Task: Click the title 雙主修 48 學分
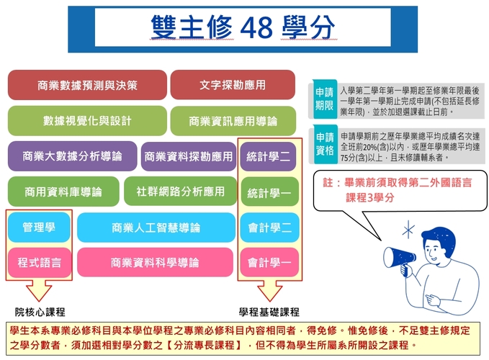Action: (x=243, y=28)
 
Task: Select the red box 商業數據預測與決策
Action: (x=87, y=85)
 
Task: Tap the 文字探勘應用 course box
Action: (x=233, y=85)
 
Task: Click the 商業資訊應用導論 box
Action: (x=233, y=121)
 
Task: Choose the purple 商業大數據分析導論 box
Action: (x=71, y=156)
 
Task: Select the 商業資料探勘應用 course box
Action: (x=189, y=156)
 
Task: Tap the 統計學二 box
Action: (x=269, y=156)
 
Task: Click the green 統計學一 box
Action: (x=269, y=192)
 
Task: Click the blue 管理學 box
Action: (x=38, y=228)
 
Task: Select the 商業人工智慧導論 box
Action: (x=156, y=228)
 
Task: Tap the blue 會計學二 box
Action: (x=269, y=228)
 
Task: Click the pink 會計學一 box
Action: (x=269, y=262)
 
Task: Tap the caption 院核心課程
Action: (x=40, y=312)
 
